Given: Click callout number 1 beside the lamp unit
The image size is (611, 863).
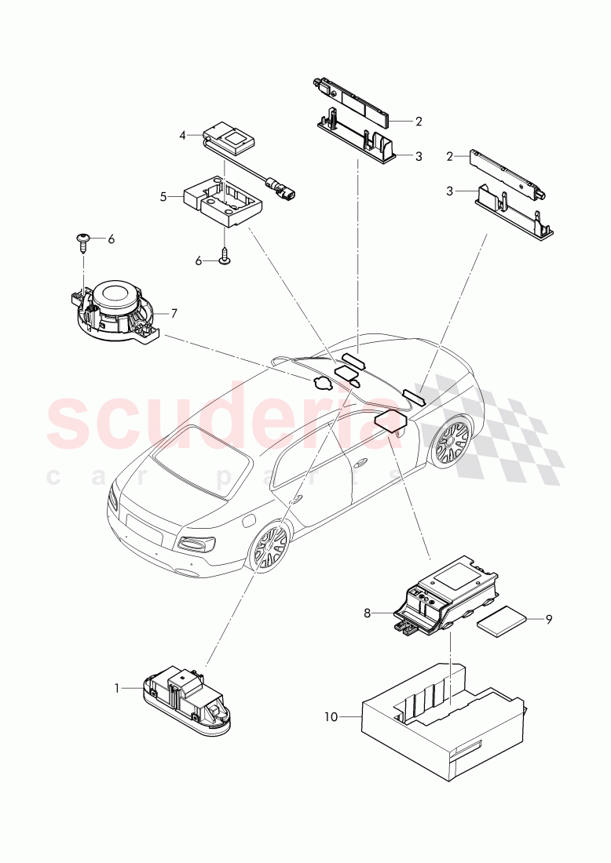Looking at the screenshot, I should (x=118, y=688).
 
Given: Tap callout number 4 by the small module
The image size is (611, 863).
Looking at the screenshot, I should (x=182, y=136).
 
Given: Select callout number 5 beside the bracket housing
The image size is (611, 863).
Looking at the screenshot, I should (x=163, y=197).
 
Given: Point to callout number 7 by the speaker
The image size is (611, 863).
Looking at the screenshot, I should (x=174, y=314).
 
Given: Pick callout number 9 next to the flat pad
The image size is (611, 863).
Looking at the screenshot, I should (x=549, y=620).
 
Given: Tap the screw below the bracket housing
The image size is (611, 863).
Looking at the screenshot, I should (x=225, y=257).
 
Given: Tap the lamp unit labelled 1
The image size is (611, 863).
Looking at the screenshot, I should (x=185, y=701).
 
